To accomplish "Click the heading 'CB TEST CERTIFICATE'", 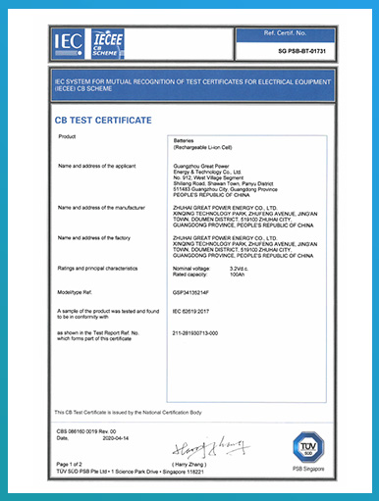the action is click(x=102, y=120).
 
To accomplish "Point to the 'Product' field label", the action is click(x=68, y=136).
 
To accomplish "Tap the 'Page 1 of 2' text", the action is click(x=72, y=464).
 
